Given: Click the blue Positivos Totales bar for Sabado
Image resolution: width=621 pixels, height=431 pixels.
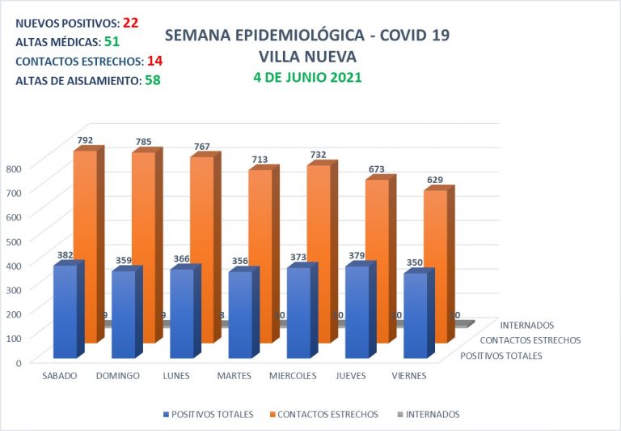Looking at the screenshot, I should click(x=65, y=312).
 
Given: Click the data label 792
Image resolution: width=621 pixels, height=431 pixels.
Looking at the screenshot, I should click(x=85, y=140).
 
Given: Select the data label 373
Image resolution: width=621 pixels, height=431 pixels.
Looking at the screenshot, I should click(x=298, y=258).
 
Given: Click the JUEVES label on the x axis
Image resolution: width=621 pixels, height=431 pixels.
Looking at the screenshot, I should click(x=357, y=376).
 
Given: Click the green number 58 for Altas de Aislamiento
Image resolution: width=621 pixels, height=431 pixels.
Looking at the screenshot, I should click(x=152, y=79).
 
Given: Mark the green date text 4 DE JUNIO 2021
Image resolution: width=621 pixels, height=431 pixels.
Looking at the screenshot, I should click(x=306, y=78).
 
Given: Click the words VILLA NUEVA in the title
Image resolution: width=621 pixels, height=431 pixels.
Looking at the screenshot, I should click(x=306, y=57).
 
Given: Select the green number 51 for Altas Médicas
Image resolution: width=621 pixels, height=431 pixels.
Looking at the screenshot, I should click(x=111, y=41).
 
